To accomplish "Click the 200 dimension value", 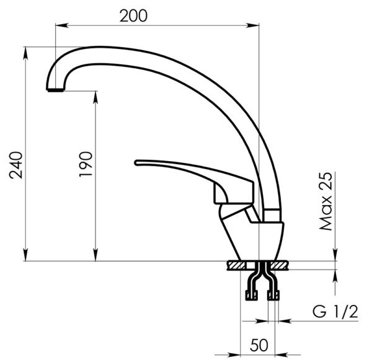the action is (133, 16).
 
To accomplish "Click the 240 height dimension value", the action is (16, 165).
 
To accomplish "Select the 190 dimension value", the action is (86, 164).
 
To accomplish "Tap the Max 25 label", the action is (325, 201).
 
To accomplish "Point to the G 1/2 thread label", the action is (335, 312).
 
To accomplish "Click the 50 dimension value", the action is (259, 345).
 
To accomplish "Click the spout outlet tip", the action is (55, 90).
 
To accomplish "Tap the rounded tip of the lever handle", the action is (136, 163).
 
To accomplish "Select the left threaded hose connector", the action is (251, 296).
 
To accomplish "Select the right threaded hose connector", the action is (273, 296).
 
